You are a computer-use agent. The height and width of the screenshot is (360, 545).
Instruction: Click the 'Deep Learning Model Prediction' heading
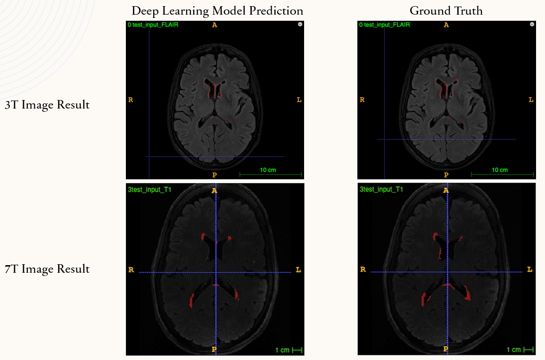pos(217,11)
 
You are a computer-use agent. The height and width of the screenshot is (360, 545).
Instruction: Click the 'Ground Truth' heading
pos(446,11)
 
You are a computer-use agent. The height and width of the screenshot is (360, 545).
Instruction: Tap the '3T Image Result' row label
pos(47,105)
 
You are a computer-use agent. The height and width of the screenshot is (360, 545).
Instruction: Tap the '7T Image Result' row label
pos(47,269)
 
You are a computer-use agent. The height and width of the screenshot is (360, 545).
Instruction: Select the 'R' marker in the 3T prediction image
pos(131,100)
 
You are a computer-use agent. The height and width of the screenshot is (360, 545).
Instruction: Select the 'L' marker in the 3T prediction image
pos(299,100)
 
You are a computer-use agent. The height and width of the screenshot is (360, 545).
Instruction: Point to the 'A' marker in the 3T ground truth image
pos(446,25)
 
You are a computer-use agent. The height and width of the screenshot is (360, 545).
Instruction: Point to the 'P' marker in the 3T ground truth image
pos(446,175)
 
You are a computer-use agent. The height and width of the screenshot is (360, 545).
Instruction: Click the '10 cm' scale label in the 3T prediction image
pos(268,170)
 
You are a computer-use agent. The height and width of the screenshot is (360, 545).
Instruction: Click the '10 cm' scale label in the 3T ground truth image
pos(500,170)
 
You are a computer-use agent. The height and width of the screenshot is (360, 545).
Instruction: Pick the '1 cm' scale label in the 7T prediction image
pos(282,350)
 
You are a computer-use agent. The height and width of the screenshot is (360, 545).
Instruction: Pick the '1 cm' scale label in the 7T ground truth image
pos(514,350)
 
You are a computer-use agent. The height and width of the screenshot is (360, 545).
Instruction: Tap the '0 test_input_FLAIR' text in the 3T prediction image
pos(153,25)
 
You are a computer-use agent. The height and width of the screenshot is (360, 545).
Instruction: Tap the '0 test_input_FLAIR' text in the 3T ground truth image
pos(384,25)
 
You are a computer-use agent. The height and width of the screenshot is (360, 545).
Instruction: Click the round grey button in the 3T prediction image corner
pos(300,24)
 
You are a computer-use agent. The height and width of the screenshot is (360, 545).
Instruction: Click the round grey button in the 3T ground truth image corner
pos(532,24)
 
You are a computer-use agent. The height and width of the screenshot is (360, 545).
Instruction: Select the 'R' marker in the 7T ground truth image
pos(363,270)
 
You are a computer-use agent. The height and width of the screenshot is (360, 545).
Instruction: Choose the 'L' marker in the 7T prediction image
pos(298,270)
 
